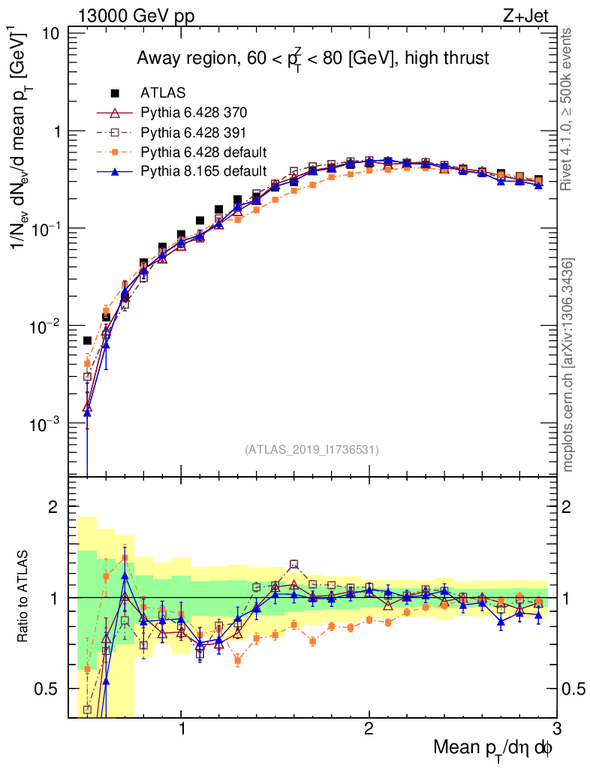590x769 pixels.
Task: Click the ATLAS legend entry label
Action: pyautogui.click(x=163, y=93)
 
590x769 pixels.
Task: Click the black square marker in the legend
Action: pyautogui.click(x=116, y=93)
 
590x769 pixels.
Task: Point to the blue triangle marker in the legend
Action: pyautogui.click(x=116, y=171)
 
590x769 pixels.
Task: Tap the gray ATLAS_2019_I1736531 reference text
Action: pyautogui.click(x=312, y=450)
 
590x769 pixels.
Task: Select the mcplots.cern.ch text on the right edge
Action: pyautogui.click(x=568, y=365)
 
